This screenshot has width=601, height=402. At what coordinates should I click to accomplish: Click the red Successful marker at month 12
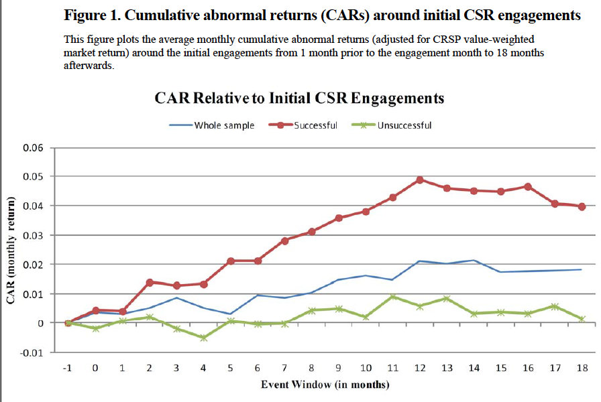click(419, 180)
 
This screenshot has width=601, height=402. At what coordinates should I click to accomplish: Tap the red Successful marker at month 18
click(582, 206)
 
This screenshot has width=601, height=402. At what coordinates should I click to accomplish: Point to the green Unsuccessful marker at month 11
click(392, 297)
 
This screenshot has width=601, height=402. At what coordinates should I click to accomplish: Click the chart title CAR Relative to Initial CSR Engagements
click(299, 98)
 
